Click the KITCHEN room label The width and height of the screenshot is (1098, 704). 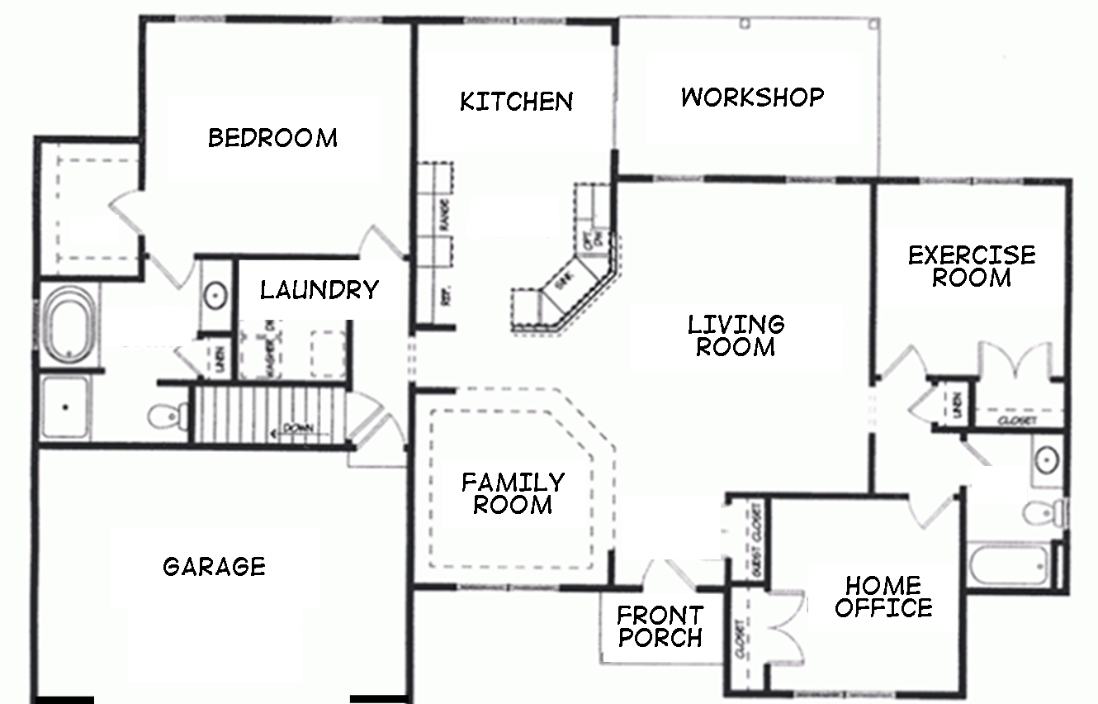coord(516,102)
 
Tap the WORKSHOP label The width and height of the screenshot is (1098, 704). coord(752,98)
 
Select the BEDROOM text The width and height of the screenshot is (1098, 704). coord(272,137)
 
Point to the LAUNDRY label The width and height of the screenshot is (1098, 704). coord(319,290)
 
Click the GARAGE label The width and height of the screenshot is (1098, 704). coord(215,567)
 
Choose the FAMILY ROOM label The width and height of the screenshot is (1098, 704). coord(513,493)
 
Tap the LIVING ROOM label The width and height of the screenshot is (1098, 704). coord(736,335)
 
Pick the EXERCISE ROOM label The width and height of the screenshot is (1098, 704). coord(972,266)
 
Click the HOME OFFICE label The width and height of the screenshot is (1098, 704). coord(883,597)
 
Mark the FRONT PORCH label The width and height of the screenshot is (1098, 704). coord(660,626)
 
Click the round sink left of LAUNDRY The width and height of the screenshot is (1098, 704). coord(216,293)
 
